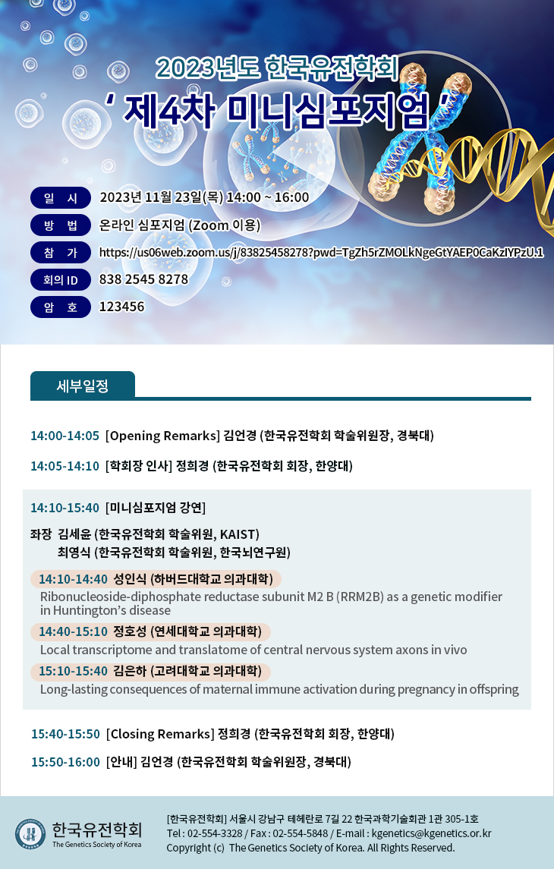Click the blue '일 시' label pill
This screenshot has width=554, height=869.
point(61,198)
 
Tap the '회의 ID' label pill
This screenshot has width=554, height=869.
point(61,280)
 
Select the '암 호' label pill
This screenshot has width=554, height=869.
point(61,307)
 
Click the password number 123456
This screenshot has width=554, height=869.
point(121,307)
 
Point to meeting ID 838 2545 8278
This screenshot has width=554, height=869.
point(143,279)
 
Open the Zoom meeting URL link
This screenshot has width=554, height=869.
point(321,253)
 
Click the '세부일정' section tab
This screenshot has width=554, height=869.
point(83,386)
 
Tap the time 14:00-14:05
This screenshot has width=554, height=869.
point(65,436)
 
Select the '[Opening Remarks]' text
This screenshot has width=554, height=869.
point(163,436)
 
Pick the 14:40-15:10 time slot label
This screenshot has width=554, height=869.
point(73,631)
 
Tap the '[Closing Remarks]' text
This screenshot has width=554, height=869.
point(160,735)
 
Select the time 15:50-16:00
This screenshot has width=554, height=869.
point(65,762)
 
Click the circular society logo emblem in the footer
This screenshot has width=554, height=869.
point(30,834)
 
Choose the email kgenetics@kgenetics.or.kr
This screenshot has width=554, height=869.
point(432,833)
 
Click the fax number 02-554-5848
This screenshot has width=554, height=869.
point(301,833)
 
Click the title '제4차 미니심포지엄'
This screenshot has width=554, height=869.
point(276,110)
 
